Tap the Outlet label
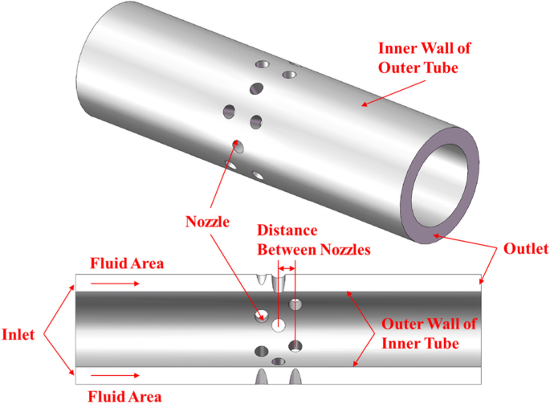(525, 249)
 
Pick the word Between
(282, 249)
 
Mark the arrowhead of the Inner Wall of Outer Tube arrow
(361, 104)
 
